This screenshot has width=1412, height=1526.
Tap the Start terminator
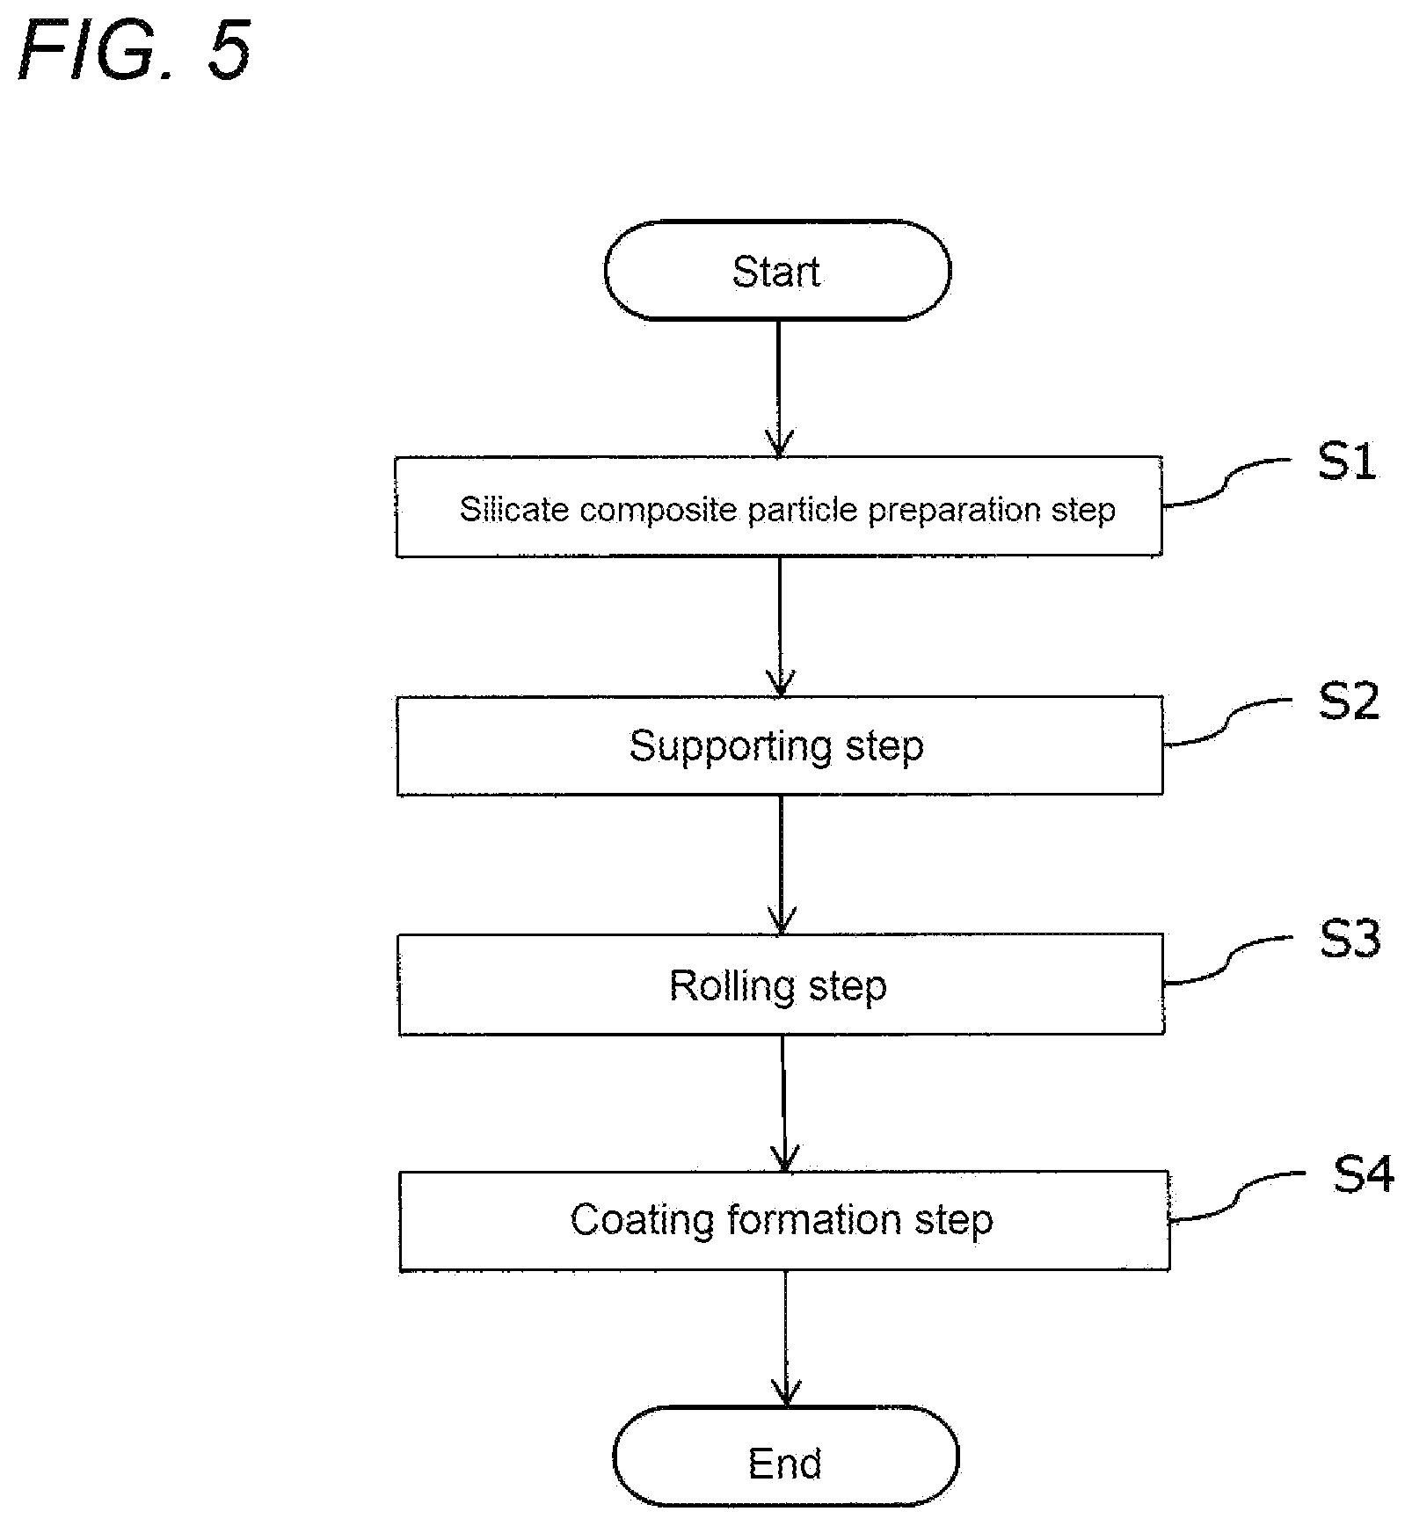(x=777, y=271)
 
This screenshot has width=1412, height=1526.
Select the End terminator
(x=785, y=1464)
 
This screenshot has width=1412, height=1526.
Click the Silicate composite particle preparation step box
(x=779, y=506)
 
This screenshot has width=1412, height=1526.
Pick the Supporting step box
(x=780, y=745)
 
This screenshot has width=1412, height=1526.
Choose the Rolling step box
(x=781, y=985)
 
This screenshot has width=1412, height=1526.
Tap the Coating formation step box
(x=784, y=1220)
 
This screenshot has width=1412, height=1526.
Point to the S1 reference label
(x=1347, y=461)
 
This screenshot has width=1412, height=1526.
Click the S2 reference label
(x=1349, y=701)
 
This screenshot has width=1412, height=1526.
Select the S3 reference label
(x=1350, y=939)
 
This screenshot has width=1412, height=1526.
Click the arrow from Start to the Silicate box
(x=779, y=389)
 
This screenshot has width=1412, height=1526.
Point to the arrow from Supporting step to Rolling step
(x=781, y=865)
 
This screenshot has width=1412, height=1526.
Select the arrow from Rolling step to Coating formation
(x=783, y=1102)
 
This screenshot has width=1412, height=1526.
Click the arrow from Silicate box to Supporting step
(x=780, y=627)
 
